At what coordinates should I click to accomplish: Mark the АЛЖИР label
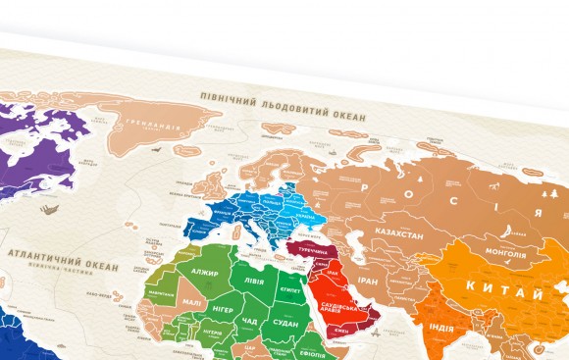(x=204, y=273)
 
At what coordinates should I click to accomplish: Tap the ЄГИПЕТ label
(x=289, y=290)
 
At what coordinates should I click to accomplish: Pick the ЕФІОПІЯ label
(x=314, y=355)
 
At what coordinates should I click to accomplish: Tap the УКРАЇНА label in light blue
(x=305, y=218)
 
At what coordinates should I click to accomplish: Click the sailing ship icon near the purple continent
(x=46, y=207)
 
